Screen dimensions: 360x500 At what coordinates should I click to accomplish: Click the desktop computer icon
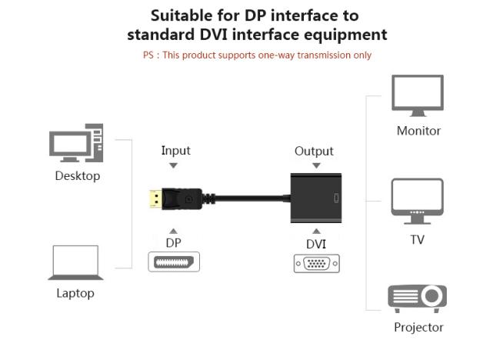(x=76, y=144)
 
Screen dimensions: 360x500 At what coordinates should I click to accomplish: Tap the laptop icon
(x=75, y=263)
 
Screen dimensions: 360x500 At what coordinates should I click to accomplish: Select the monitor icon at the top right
(x=418, y=95)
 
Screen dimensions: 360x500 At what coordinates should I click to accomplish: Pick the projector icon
(x=417, y=298)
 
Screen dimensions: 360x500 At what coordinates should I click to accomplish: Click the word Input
(x=175, y=151)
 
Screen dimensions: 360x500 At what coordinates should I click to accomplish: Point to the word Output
(x=314, y=151)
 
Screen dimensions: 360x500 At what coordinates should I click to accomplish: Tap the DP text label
(x=174, y=242)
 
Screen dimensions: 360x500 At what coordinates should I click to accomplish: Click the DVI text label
(x=315, y=244)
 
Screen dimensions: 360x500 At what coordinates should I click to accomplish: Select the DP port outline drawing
(x=174, y=262)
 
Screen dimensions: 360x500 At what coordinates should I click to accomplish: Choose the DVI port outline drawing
(x=315, y=264)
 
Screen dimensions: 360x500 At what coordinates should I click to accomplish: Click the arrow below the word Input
(x=174, y=165)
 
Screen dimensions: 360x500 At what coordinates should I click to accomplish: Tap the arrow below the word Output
(x=315, y=165)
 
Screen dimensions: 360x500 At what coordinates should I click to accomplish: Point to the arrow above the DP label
(x=174, y=230)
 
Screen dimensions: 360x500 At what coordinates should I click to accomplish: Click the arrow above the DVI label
(x=315, y=230)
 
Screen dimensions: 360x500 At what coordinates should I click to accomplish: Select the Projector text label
(x=418, y=327)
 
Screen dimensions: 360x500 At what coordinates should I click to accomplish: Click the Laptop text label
(x=75, y=293)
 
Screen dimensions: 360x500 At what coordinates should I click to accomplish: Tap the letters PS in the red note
(x=148, y=55)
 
